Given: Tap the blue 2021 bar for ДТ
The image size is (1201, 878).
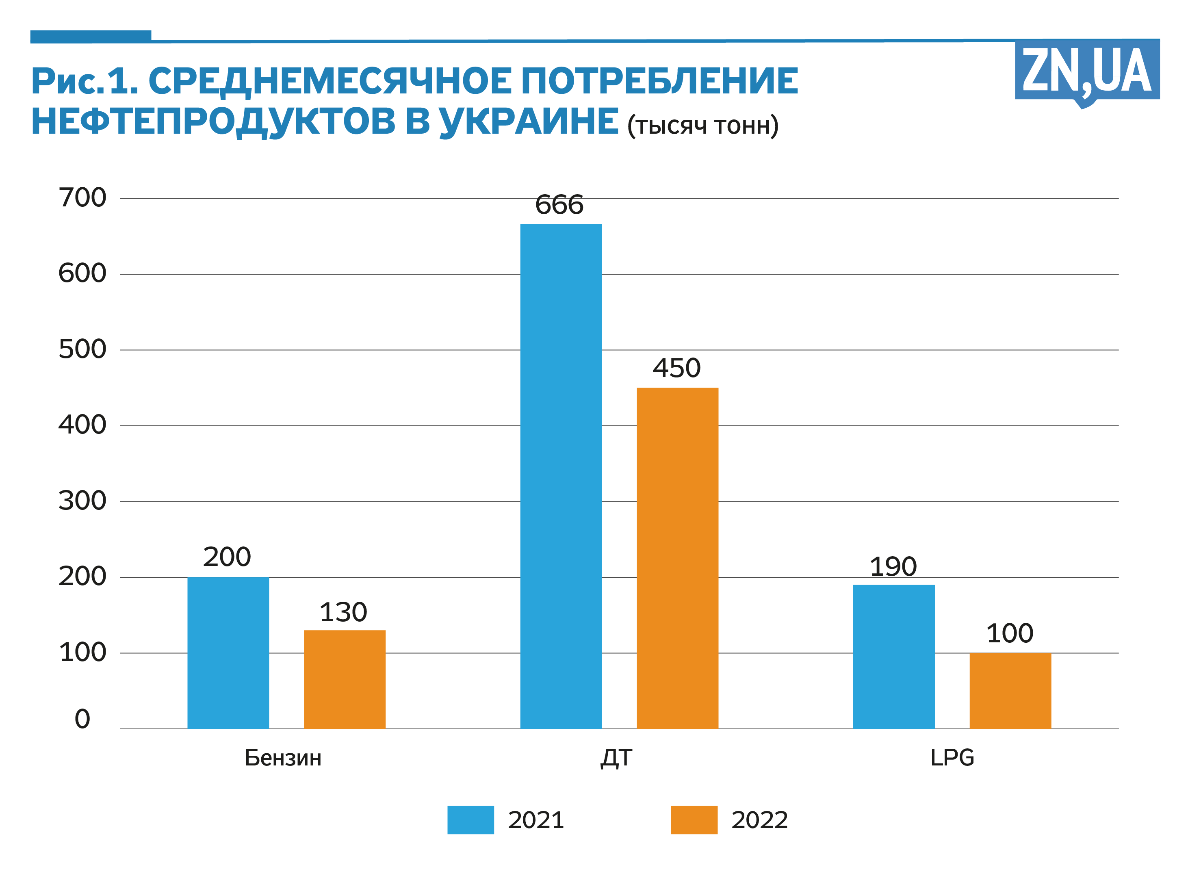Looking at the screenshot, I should point(561,476).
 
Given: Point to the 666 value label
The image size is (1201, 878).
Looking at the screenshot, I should point(559,205).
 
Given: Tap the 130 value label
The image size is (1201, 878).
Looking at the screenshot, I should point(343,612).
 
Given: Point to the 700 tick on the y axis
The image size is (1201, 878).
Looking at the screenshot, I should point(82,198).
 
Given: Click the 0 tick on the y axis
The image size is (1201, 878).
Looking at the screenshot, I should point(82,719).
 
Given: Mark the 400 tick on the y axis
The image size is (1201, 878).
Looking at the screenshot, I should point(82,425).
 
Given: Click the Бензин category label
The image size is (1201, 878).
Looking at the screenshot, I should point(283,758).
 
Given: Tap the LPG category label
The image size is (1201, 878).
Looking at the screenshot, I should point(952,758).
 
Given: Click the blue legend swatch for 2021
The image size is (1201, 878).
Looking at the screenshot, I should point(470,819).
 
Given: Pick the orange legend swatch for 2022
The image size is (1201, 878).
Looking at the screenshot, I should point(694,819).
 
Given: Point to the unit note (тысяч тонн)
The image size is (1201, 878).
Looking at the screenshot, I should point(702,126).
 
